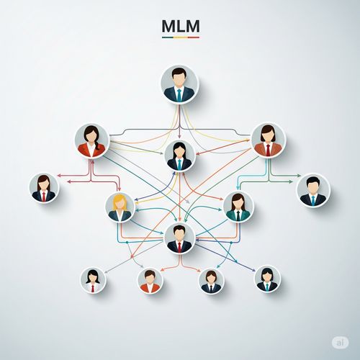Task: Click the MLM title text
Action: point(181,26)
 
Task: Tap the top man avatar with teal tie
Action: point(179,84)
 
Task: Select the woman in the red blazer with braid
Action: point(92,141)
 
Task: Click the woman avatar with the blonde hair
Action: point(120,207)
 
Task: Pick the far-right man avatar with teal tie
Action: point(313,190)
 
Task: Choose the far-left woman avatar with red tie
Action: point(44,188)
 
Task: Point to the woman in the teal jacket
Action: point(238,207)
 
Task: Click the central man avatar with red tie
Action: point(179,238)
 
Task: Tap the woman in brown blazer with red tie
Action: point(268,140)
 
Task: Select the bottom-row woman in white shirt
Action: point(93,280)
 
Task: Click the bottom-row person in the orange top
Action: point(150,281)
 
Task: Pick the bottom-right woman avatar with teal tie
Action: point(267,279)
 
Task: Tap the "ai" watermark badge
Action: point(340,343)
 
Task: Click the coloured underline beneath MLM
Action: point(181,37)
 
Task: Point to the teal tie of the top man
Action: point(179,95)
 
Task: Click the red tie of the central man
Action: point(179,247)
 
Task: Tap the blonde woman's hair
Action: point(120,202)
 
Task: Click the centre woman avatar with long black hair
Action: point(179,156)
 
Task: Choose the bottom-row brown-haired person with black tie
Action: point(211,281)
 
